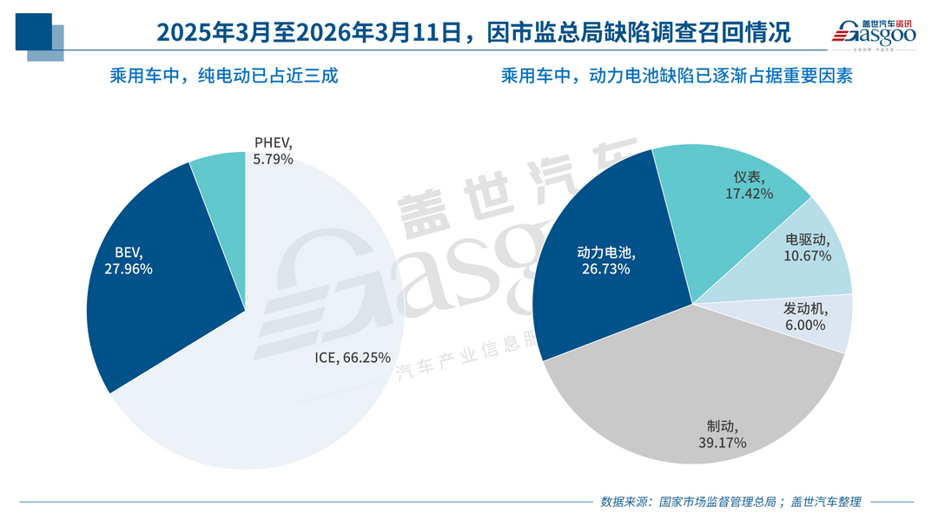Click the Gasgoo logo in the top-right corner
pos(875,31)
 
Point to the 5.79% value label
pos(273,160)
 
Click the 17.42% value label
pos(749,194)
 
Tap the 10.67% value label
pos(808,256)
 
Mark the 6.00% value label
pos(805,325)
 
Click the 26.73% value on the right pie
pos(605,269)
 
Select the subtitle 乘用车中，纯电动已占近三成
pos(223,76)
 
